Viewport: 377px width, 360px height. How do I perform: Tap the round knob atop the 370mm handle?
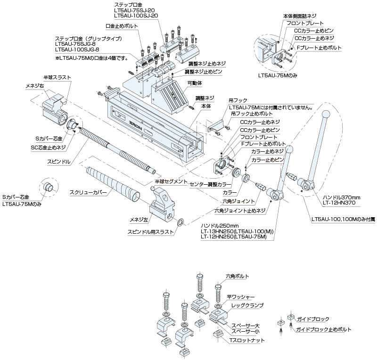click(325, 115)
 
